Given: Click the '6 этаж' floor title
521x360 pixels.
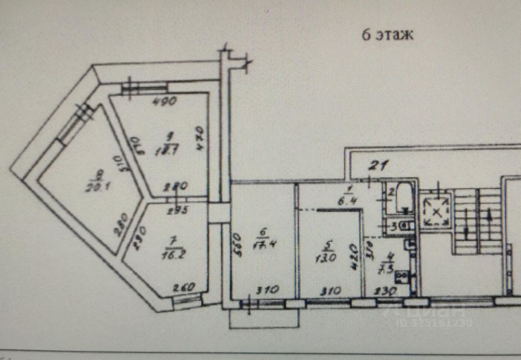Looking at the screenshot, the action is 387,35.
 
